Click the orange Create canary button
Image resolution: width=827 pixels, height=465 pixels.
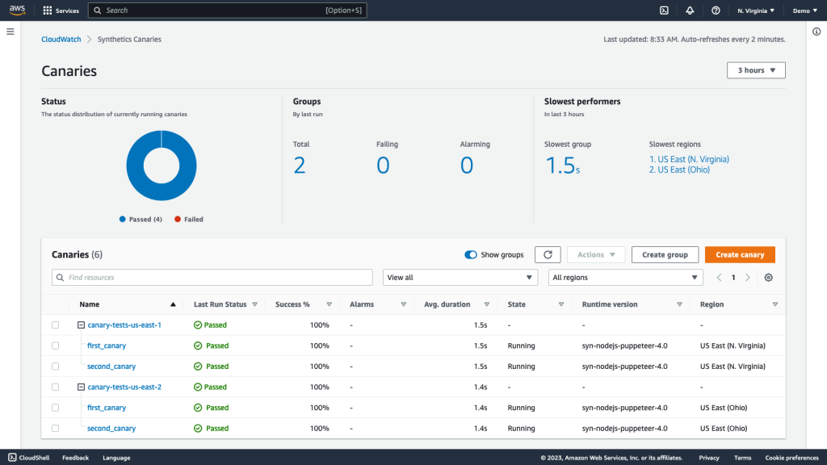(x=740, y=254)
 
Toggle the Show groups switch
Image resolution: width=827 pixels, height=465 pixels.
(x=471, y=254)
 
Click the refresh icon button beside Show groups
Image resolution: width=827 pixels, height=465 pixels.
(x=548, y=254)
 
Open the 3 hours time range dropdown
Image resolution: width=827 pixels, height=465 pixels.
(x=756, y=70)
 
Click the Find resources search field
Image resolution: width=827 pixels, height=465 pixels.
(x=212, y=277)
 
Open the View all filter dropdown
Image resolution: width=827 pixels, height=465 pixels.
(x=460, y=277)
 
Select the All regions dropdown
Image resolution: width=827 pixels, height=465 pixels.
(x=626, y=277)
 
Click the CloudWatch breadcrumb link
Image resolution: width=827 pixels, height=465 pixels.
(x=61, y=39)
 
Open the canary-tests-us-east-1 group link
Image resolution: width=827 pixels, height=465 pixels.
(x=124, y=325)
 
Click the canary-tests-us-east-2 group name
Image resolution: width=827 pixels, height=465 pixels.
(x=124, y=387)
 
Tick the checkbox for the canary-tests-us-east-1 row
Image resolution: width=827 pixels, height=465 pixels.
(x=56, y=325)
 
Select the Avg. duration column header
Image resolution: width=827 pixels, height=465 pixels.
(x=447, y=304)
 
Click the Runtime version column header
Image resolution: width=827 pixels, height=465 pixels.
(x=610, y=304)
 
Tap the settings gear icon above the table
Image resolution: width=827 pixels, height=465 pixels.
(x=768, y=277)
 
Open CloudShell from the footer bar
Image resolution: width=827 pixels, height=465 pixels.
(x=29, y=458)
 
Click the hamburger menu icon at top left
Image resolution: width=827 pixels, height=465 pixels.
(x=10, y=31)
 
